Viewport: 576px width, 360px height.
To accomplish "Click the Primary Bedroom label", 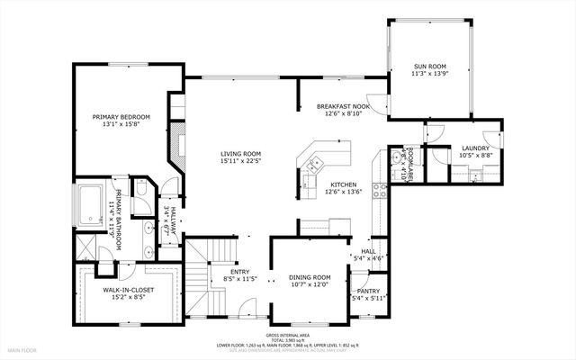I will [121, 118].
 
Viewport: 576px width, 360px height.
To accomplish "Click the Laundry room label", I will [475, 148].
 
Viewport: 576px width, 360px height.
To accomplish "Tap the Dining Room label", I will [310, 277].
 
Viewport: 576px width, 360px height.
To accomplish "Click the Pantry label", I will [368, 291].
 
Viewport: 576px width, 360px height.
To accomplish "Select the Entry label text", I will [239, 272].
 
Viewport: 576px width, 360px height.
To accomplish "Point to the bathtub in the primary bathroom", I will [93, 202].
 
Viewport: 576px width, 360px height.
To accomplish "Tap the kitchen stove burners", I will [381, 191].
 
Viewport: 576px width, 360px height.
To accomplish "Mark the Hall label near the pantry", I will [368, 252].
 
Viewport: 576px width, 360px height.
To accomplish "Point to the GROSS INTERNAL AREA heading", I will [287, 332].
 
